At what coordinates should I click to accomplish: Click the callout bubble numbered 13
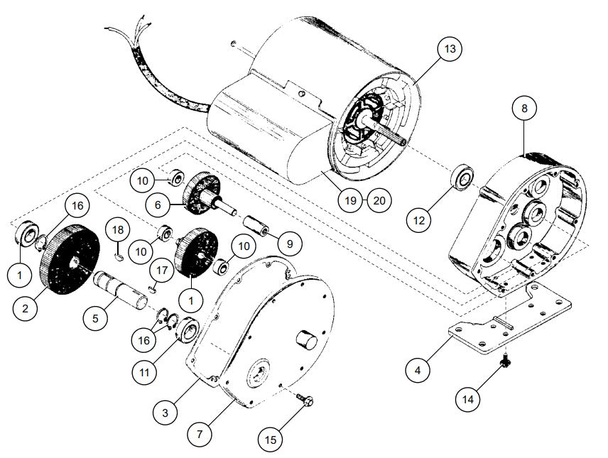pos(450,50)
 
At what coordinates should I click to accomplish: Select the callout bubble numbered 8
pos(524,109)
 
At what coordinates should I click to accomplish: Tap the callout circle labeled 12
pos(419,220)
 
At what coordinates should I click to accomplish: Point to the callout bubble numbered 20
pos(379,200)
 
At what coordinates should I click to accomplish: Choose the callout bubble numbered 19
pos(349,200)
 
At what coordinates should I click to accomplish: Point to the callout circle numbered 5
pos(94,319)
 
